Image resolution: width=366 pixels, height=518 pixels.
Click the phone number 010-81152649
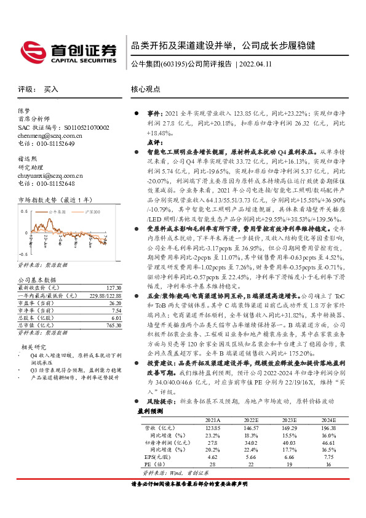(52, 143)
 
